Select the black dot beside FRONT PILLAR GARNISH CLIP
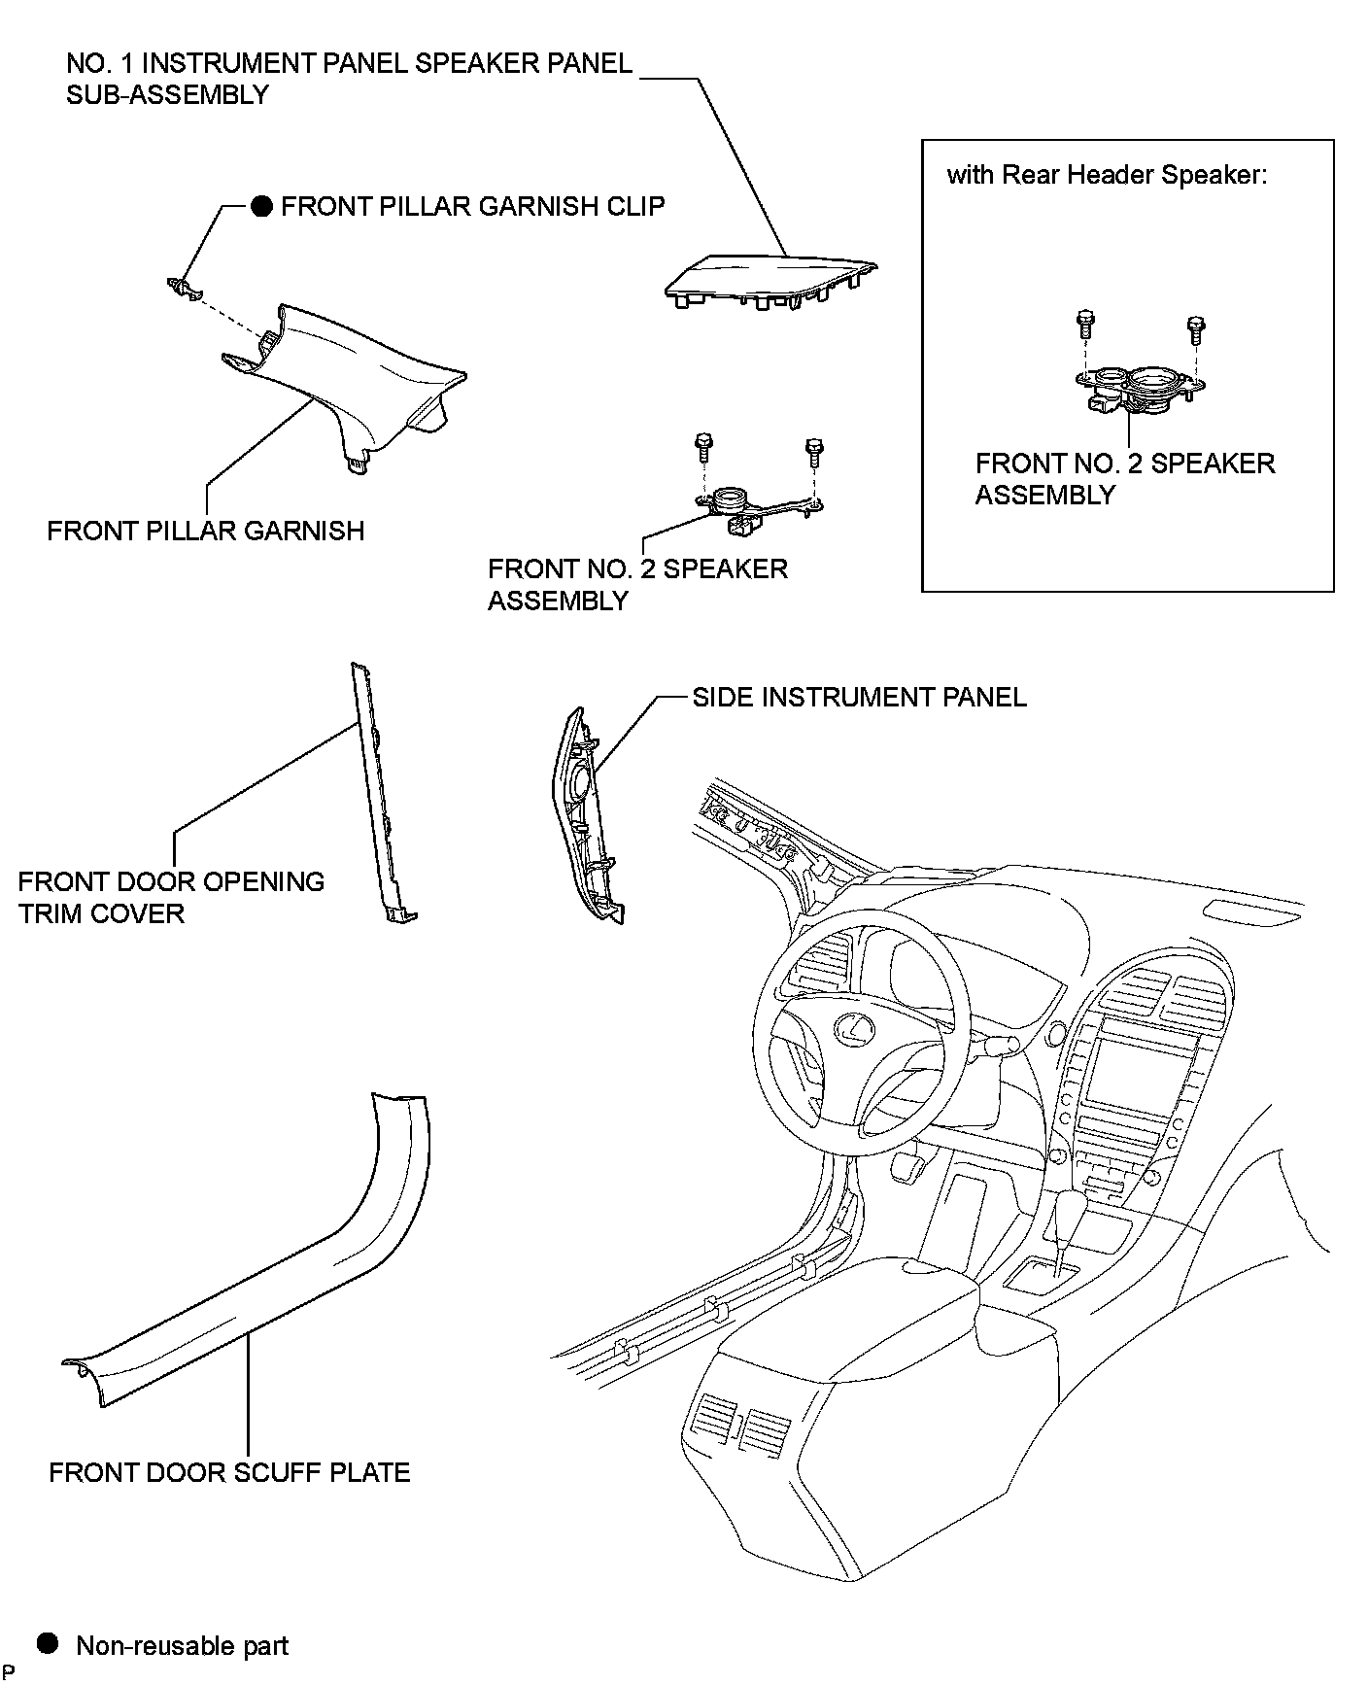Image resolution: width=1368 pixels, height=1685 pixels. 261,206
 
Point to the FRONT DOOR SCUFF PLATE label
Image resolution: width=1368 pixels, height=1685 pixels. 229,1472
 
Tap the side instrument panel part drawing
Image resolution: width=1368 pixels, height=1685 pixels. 586,816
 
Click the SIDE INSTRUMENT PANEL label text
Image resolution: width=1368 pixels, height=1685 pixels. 859,697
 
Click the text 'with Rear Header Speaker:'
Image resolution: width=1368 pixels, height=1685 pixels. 1107,175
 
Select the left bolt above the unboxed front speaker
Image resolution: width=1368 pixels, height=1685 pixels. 702,448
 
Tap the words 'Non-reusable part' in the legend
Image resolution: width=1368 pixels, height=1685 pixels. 182,1645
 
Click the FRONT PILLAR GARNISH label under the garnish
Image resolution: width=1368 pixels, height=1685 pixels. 205,531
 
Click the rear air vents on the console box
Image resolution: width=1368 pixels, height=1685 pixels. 743,1428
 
